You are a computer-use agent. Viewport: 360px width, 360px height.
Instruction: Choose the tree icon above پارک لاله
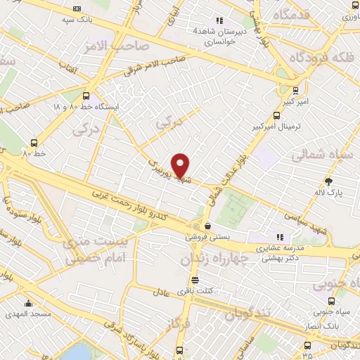pyautogui.click(x=329, y=181)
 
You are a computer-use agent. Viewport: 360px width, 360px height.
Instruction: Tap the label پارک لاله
pyautogui.click(x=329, y=192)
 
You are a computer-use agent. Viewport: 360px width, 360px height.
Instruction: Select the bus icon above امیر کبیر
pyautogui.click(x=295, y=90)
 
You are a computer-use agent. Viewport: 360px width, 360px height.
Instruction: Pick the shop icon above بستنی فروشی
pyautogui.click(x=207, y=226)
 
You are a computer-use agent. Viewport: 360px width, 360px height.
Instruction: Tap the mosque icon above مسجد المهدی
pyautogui.click(x=28, y=304)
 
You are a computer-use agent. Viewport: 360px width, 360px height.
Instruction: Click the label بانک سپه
pyautogui.click(x=77, y=20)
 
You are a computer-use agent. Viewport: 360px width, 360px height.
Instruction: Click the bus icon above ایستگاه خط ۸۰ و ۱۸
pyautogui.click(x=86, y=96)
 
